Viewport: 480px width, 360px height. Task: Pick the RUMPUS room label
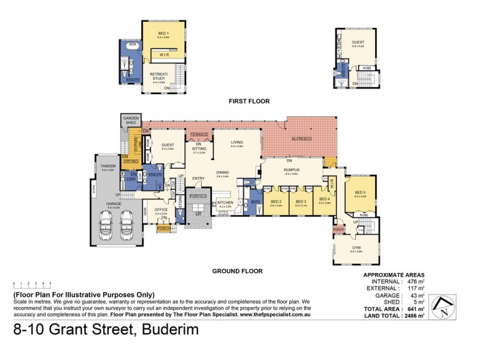[292, 169]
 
